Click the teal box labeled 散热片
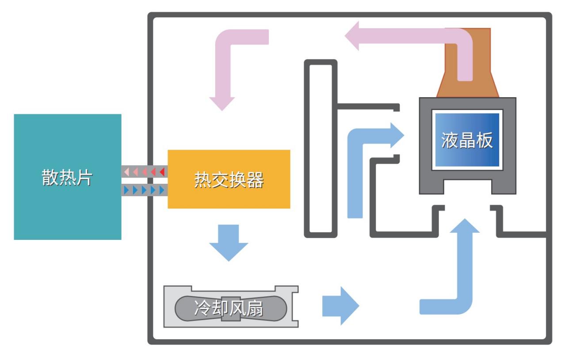click(67, 177)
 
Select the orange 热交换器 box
click(229, 179)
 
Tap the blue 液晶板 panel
click(467, 140)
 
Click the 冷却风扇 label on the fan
click(229, 308)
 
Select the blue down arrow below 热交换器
click(229, 243)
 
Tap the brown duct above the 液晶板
click(468, 66)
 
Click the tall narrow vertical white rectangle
click(321, 148)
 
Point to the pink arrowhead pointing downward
click(221, 102)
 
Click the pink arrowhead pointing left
click(354, 37)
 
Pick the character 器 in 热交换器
click(255, 179)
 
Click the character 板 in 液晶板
click(484, 140)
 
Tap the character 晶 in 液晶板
click(467, 140)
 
